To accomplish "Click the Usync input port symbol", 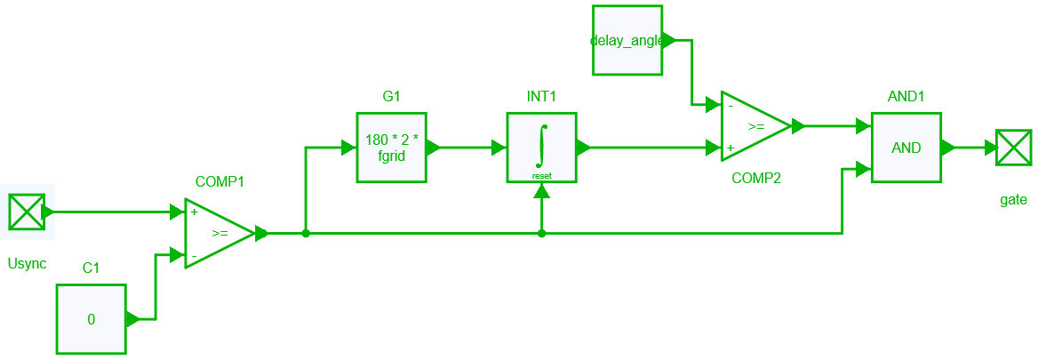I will pyautogui.click(x=26, y=212).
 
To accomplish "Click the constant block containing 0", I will pyautogui.click(x=92, y=319).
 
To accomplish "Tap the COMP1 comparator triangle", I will pyautogui.click(x=218, y=234).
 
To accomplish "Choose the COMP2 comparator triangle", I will pyautogui.click(x=755, y=126).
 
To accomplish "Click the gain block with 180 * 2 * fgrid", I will pyautogui.click(x=392, y=148).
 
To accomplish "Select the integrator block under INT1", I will pyautogui.click(x=542, y=148).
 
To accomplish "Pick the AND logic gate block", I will pyautogui.click(x=906, y=148).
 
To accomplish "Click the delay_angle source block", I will pyautogui.click(x=627, y=40).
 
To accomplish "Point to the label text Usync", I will pyautogui.click(x=27, y=264).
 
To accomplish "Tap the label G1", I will pyautogui.click(x=392, y=96).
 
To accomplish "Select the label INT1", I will pyautogui.click(x=542, y=96).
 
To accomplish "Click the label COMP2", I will pyautogui.click(x=755, y=178).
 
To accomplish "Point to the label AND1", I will pyautogui.click(x=906, y=96).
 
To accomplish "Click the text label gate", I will pyautogui.click(x=1013, y=200).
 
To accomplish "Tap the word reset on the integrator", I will pyautogui.click(x=542, y=176).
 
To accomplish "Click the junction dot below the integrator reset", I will pyautogui.click(x=542, y=234).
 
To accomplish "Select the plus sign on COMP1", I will pyautogui.click(x=195, y=213).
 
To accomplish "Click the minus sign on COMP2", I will pyautogui.click(x=731, y=106).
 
